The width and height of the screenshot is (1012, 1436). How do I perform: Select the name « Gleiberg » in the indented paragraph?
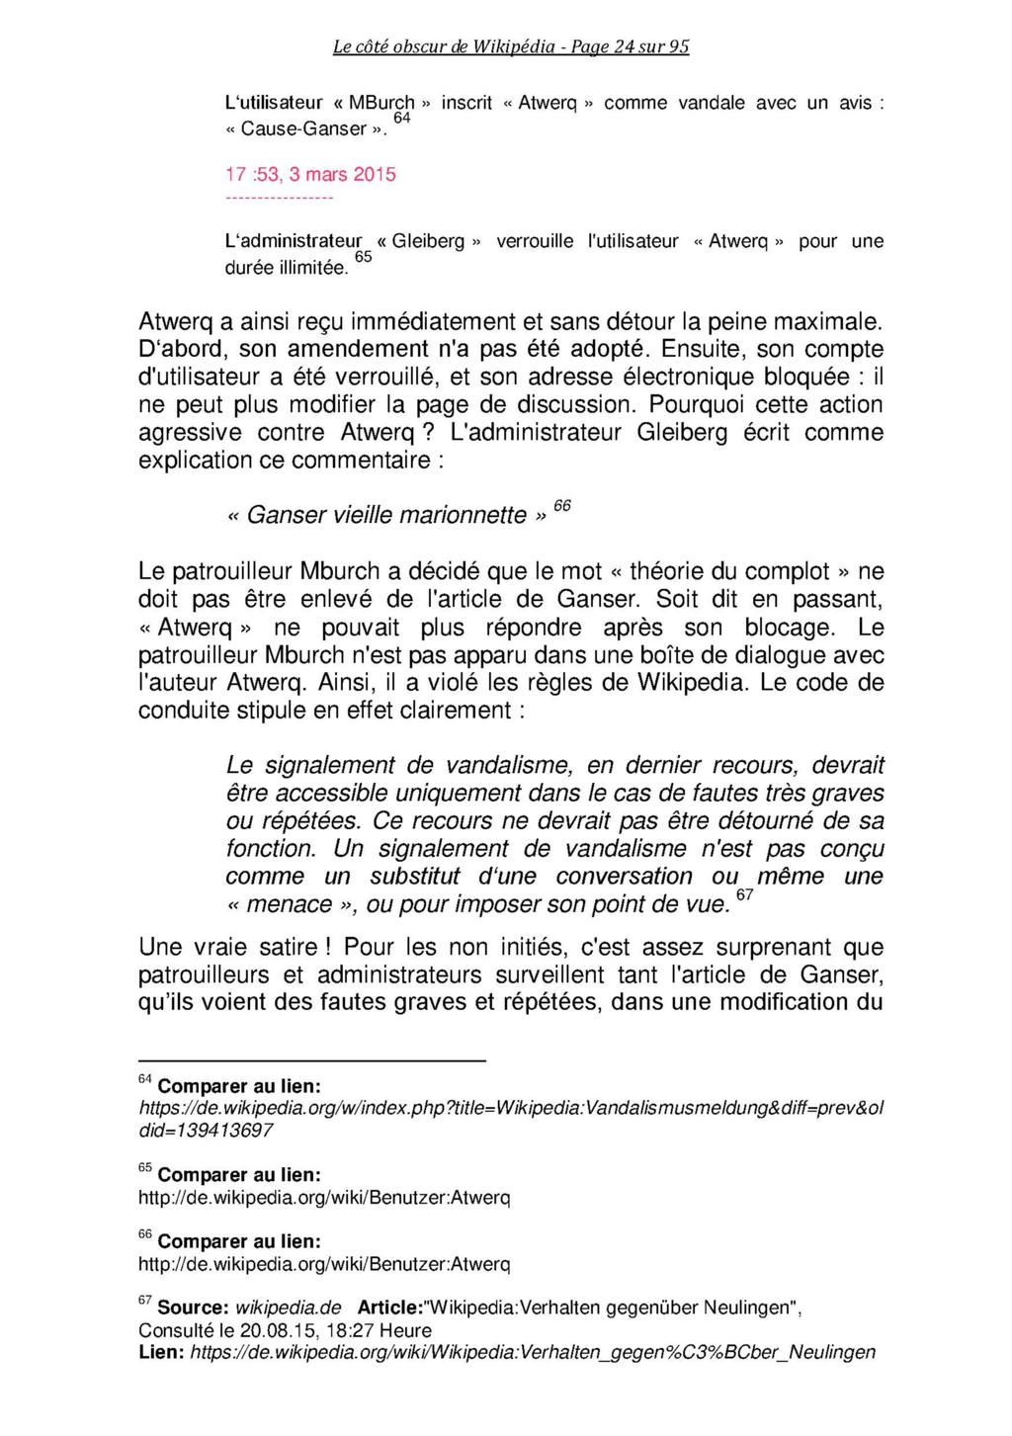pyautogui.click(x=429, y=241)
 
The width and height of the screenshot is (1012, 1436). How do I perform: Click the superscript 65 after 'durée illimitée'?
pyautogui.click(x=363, y=257)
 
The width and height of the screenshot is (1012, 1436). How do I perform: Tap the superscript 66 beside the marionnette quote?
pyautogui.click(x=561, y=506)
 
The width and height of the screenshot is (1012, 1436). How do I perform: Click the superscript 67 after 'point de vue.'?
pyautogui.click(x=745, y=894)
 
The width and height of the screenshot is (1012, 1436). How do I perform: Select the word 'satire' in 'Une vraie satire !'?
pyautogui.click(x=287, y=948)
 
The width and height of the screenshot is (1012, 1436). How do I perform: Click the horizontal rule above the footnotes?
pyautogui.click(x=312, y=1061)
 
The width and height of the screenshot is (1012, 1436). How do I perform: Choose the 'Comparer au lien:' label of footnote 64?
pyautogui.click(x=239, y=1085)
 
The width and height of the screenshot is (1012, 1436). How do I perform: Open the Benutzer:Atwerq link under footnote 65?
pyautogui.click(x=324, y=1198)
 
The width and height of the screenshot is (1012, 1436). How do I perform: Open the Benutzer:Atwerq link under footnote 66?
pyautogui.click(x=324, y=1265)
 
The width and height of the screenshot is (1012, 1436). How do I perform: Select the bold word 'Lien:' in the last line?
pyautogui.click(x=161, y=1352)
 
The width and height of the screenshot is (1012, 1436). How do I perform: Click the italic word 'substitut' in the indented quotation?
pyautogui.click(x=415, y=877)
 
